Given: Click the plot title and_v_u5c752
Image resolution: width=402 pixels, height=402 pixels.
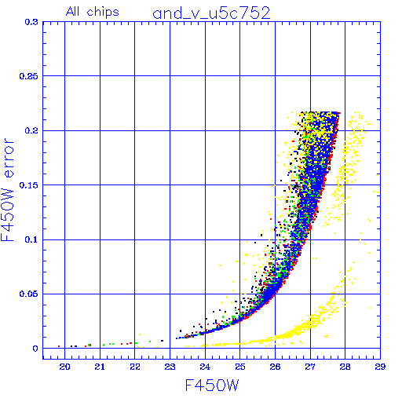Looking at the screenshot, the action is tap(211, 13).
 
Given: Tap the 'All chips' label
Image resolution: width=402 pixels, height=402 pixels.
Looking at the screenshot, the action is tap(93, 12).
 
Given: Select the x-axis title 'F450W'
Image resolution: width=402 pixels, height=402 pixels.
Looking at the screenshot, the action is tap(212, 386).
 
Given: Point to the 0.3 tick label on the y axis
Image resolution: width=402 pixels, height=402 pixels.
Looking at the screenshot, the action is tap(31, 22).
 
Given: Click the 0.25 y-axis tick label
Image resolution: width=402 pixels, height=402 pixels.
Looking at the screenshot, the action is tap(29, 76).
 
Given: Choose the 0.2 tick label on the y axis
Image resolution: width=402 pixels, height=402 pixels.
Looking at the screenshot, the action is tap(31, 130).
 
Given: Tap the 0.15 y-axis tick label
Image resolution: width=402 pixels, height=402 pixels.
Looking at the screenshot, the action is tap(29, 185).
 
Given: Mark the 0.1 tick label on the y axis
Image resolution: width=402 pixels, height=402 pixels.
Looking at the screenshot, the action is tap(31, 239).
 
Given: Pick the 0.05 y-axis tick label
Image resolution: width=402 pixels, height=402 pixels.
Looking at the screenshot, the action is tap(29, 294).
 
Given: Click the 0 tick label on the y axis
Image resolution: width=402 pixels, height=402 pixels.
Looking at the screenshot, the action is tap(35, 349).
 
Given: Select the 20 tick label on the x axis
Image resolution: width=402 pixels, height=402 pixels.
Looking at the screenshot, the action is tap(64, 367).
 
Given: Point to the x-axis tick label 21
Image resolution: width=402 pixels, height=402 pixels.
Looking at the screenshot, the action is tap(100, 367).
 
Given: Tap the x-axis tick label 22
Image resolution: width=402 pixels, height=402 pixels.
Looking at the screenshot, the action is tap(135, 367).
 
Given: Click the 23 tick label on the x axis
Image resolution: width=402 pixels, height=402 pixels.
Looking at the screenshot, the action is tap(170, 367).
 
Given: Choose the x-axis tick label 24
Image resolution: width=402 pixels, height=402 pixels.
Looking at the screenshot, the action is tap(205, 367).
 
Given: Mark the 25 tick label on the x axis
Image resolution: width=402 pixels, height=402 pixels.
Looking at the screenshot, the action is tap(240, 367).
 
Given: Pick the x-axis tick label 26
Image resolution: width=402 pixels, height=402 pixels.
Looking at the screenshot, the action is tap(275, 367).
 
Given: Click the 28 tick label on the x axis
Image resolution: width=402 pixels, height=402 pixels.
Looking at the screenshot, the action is tap(345, 367).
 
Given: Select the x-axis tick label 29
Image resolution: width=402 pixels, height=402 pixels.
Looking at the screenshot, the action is tap(380, 367).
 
